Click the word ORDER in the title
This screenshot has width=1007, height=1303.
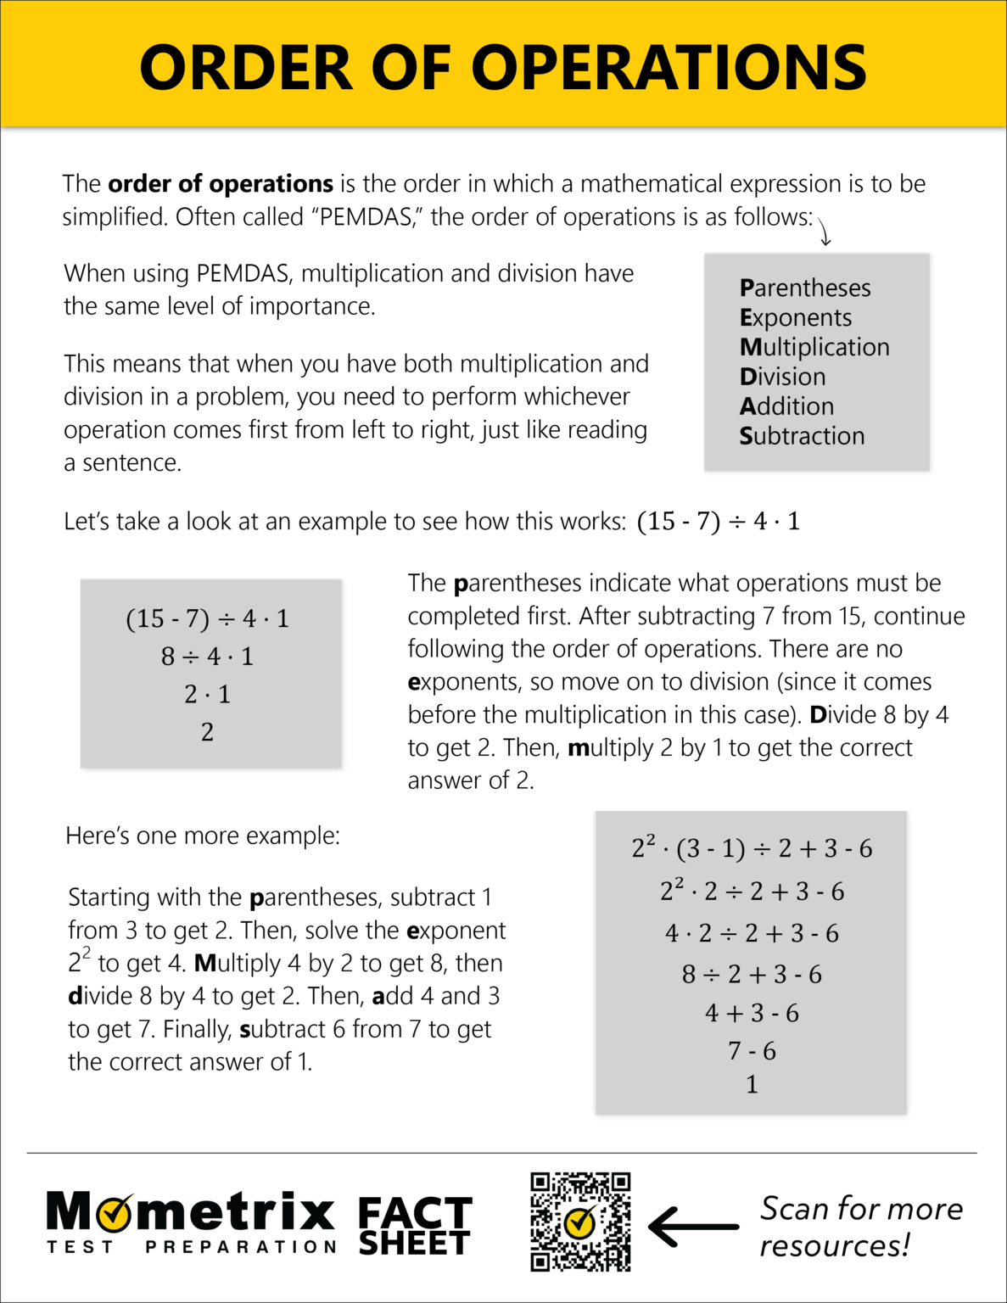(246, 68)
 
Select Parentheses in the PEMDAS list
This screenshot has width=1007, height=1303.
(805, 288)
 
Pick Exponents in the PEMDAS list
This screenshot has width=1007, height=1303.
(796, 318)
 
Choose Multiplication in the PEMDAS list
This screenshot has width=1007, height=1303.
(814, 348)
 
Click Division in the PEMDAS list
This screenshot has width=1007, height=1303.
(782, 377)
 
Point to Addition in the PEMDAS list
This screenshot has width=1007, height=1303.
(786, 407)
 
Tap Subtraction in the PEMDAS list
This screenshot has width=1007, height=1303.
(802, 437)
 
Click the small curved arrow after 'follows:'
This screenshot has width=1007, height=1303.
(824, 229)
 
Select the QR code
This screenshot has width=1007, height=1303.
(580, 1222)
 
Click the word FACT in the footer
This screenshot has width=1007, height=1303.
(415, 1213)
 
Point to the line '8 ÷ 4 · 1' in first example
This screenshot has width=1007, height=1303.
(207, 657)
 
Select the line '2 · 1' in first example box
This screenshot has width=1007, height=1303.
(207, 695)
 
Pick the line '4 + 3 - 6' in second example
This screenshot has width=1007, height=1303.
(752, 1014)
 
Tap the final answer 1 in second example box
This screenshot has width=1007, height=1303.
(752, 1085)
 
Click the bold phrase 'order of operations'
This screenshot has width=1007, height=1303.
(221, 184)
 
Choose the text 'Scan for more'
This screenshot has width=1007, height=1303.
(861, 1209)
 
